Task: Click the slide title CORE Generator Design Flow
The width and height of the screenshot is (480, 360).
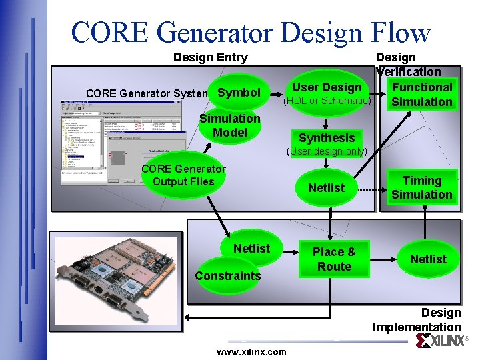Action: (x=250, y=32)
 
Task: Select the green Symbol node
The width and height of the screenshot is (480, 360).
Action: (x=239, y=92)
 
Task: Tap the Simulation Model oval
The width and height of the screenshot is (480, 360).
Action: (x=229, y=125)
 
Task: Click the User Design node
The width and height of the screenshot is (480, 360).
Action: (x=327, y=87)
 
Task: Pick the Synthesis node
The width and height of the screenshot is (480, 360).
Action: (x=327, y=138)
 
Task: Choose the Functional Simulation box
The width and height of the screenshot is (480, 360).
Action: (x=421, y=94)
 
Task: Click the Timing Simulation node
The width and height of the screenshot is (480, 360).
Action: (x=421, y=187)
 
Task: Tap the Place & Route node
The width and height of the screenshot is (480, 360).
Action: (x=334, y=259)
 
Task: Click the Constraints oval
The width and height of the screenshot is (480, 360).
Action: (x=227, y=275)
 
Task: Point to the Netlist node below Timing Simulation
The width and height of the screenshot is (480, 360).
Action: (x=428, y=259)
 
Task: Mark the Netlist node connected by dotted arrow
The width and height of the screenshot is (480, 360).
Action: (x=326, y=188)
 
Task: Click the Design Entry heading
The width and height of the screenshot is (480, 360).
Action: (x=210, y=57)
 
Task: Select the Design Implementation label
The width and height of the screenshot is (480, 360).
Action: (x=417, y=320)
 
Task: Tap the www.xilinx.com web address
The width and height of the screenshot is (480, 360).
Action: (x=251, y=352)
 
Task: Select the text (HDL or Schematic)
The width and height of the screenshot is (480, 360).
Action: (x=327, y=101)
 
